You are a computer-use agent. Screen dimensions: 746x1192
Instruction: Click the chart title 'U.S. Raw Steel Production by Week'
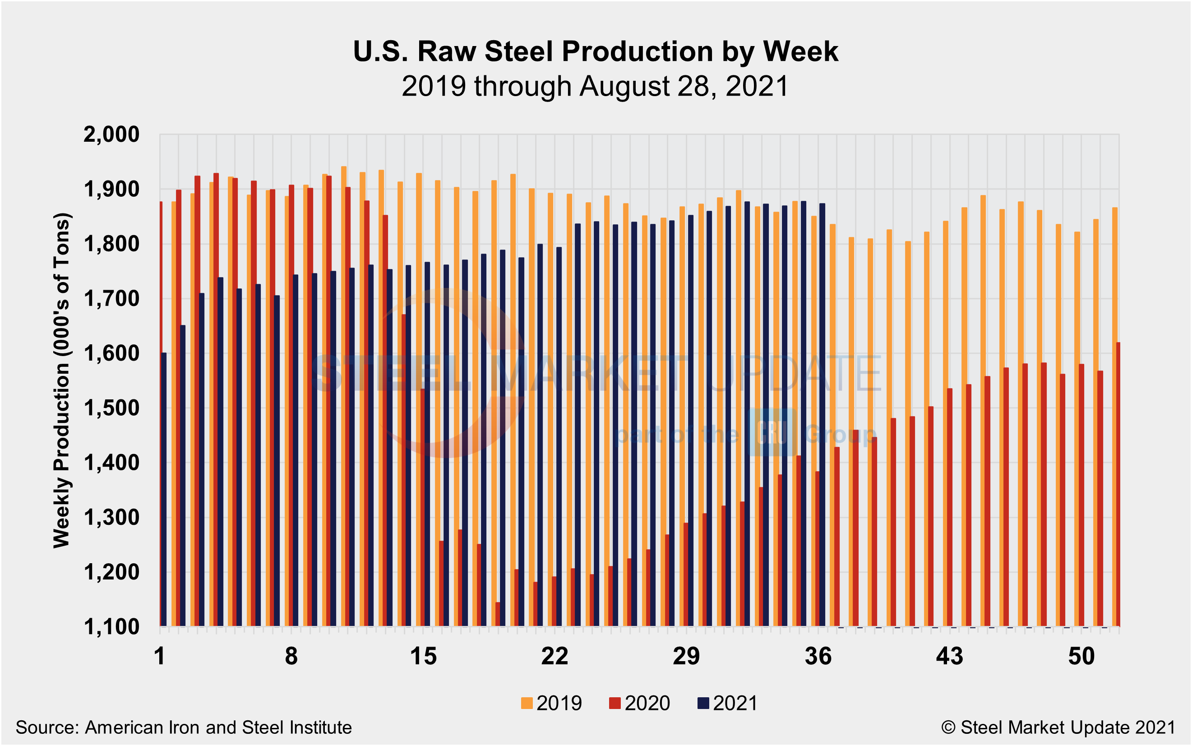click(x=595, y=51)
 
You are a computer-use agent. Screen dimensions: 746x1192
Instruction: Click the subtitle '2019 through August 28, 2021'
click(x=595, y=86)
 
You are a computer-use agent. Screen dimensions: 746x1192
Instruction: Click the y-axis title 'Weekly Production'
click(x=62, y=380)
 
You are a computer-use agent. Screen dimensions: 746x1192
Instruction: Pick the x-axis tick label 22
click(x=555, y=656)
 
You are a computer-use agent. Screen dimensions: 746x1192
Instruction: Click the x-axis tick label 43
click(x=949, y=656)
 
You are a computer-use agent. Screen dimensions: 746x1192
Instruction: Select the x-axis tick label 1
click(x=159, y=656)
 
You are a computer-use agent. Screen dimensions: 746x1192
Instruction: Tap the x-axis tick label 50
click(x=1081, y=656)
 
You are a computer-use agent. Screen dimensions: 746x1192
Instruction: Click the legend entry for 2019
click(x=552, y=703)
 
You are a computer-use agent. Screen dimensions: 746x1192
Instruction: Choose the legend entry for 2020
click(x=640, y=703)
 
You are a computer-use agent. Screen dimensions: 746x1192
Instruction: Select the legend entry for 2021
click(x=727, y=703)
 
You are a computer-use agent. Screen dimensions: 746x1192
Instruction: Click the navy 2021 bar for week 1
click(x=164, y=488)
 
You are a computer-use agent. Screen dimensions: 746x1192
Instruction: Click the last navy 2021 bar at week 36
click(x=822, y=414)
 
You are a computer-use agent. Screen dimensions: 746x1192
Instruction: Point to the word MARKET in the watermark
click(x=592, y=374)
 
